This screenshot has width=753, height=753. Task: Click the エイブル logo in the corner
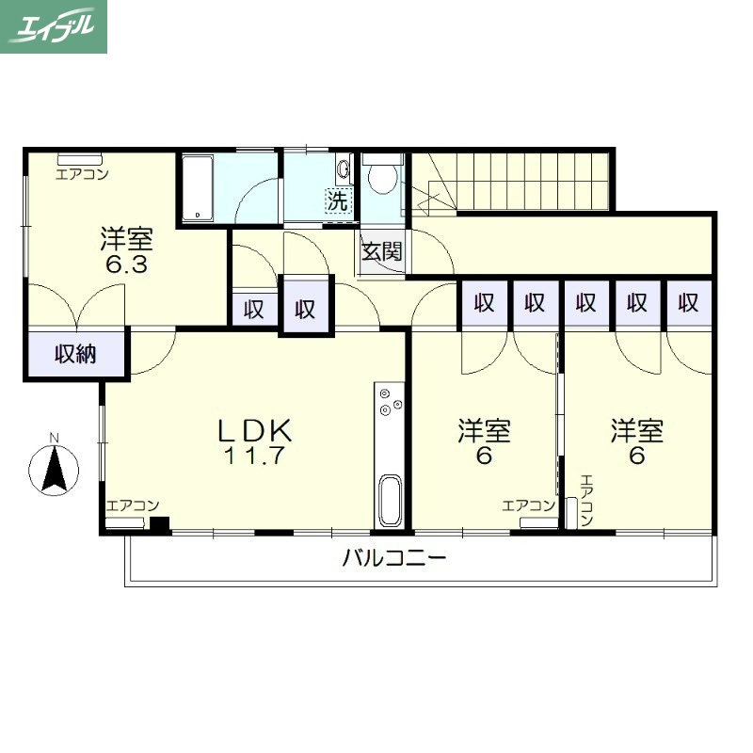(54, 26)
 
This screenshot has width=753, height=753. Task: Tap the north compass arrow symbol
(54, 469)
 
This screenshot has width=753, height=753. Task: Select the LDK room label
(254, 430)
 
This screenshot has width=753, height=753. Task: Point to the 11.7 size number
(254, 456)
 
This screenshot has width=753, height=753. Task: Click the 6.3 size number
(126, 264)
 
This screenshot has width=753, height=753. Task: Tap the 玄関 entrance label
(382, 251)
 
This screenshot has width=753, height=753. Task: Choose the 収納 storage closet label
(75, 355)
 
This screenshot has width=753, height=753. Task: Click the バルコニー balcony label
(394, 558)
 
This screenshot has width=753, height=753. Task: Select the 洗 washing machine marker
(338, 200)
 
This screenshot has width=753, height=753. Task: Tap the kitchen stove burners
(390, 402)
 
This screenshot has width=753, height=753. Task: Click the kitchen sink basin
(390, 501)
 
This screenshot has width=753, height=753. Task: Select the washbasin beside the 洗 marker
(344, 169)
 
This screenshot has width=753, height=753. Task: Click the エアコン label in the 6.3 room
(82, 174)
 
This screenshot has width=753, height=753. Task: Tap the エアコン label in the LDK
(133, 505)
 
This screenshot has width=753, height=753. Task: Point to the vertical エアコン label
(586, 500)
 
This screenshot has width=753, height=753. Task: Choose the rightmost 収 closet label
(688, 303)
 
